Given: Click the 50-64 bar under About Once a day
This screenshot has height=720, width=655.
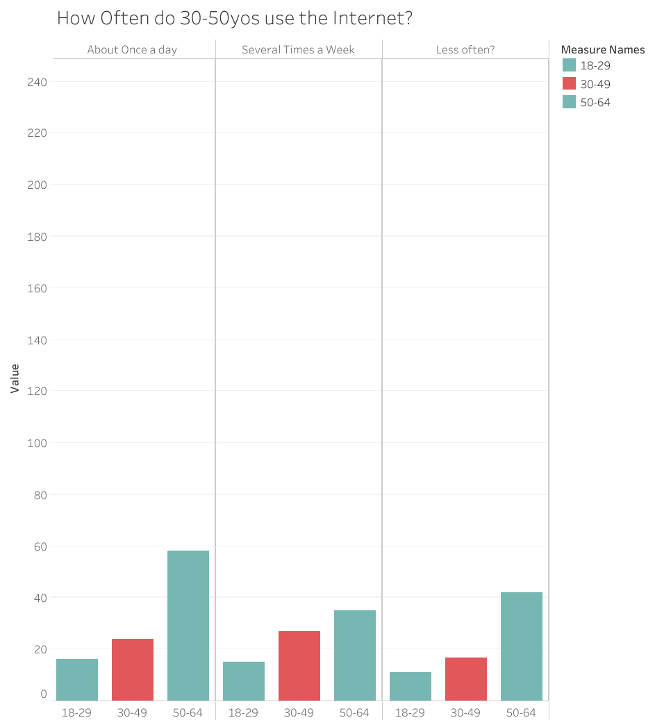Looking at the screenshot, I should pyautogui.click(x=188, y=625).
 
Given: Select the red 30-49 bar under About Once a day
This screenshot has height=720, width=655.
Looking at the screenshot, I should pyautogui.click(x=133, y=669).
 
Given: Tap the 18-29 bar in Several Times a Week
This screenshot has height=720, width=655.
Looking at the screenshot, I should pyautogui.click(x=244, y=681).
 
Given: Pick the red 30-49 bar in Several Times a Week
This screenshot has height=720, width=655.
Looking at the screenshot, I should pyautogui.click(x=299, y=666).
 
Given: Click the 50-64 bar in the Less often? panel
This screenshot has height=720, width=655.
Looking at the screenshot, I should pyautogui.click(x=522, y=646).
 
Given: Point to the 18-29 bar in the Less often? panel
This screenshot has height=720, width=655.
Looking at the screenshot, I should pyautogui.click(x=411, y=686).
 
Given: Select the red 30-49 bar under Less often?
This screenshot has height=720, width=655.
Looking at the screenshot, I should pyautogui.click(x=466, y=679).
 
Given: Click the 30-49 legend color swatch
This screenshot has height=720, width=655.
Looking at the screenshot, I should pyautogui.click(x=570, y=83).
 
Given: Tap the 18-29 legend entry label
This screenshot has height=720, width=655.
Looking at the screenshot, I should pyautogui.click(x=595, y=66).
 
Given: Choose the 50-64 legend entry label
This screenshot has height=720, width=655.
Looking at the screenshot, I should pyautogui.click(x=595, y=102).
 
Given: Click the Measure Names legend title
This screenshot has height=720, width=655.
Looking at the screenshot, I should pyautogui.click(x=602, y=49).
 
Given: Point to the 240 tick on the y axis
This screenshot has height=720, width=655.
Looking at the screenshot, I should pyautogui.click(x=38, y=82).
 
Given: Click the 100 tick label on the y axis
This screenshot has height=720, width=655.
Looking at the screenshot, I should pyautogui.click(x=38, y=443).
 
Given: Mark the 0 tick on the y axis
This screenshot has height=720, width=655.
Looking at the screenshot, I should pyautogui.click(x=44, y=694).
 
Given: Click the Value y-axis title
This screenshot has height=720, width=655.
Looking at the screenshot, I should pyautogui.click(x=15, y=379).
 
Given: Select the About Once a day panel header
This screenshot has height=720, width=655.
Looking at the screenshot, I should pyautogui.click(x=132, y=49).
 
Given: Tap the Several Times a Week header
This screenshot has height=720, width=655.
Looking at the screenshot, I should pyautogui.click(x=298, y=49).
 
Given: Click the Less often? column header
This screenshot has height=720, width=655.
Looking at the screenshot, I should pyautogui.click(x=465, y=49).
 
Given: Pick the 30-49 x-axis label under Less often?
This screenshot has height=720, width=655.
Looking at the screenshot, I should pyautogui.click(x=465, y=712).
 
